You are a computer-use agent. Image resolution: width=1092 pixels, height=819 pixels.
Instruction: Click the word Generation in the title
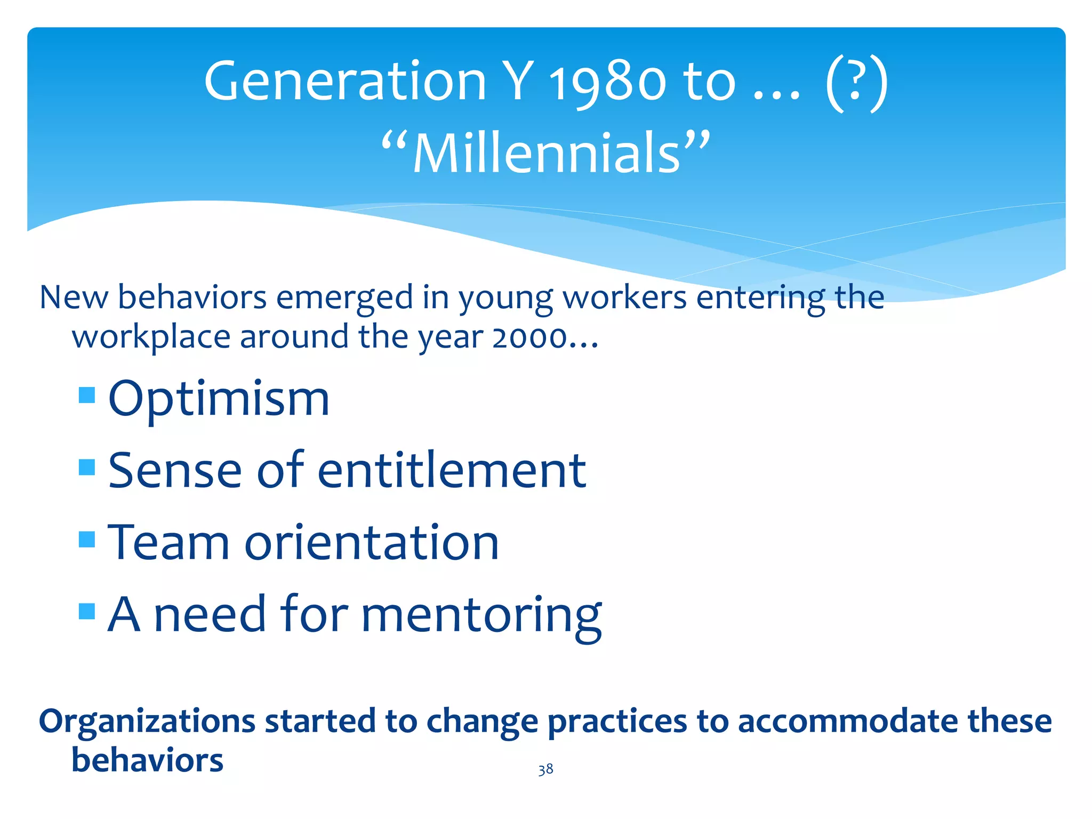(x=345, y=82)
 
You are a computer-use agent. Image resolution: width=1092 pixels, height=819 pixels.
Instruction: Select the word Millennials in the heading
(x=547, y=154)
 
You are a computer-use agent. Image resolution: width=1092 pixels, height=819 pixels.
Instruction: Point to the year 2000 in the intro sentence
(x=529, y=338)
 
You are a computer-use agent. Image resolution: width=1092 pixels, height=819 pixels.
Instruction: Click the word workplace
(x=151, y=338)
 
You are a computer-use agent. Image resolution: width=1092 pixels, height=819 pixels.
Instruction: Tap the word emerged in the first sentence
(x=344, y=298)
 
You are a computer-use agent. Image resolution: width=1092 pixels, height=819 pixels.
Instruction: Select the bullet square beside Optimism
(x=87, y=395)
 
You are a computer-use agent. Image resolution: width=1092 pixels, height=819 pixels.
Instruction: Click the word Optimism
(x=219, y=399)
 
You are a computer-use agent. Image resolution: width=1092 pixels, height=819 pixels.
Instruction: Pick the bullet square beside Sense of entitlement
(x=87, y=467)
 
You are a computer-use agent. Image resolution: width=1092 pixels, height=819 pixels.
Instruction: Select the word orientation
(x=372, y=542)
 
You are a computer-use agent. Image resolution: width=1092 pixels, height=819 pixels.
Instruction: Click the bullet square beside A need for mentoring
(x=87, y=611)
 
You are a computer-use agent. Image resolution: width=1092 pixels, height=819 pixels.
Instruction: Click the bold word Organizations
(x=147, y=721)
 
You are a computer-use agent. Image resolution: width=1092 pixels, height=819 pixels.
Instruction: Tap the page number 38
(x=545, y=769)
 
